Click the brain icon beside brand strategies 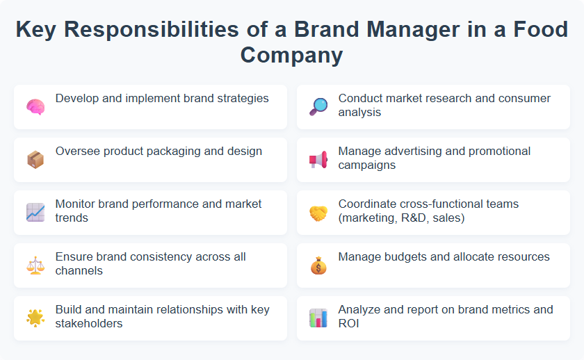(35, 107)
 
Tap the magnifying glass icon (318, 107)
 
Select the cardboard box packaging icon (35, 160)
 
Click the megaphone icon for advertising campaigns (318, 160)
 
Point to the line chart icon (35, 213)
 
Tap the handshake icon (318, 213)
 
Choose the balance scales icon (35, 265)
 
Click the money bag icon (318, 265)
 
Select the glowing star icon (35, 318)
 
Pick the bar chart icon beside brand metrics (318, 318)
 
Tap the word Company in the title (292, 54)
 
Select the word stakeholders (89, 323)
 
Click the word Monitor (76, 204)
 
